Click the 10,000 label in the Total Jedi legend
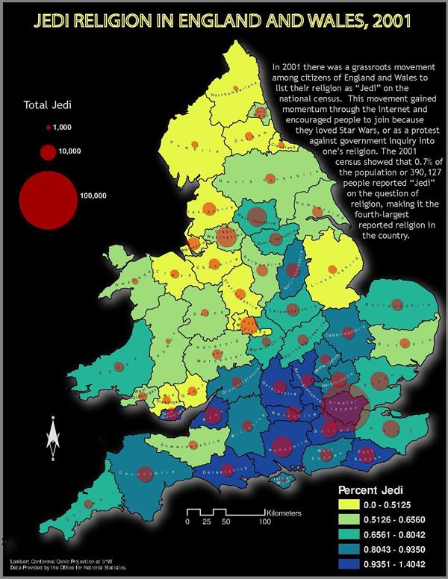(69, 151)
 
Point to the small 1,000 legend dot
(48, 128)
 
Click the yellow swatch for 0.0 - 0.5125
(349, 507)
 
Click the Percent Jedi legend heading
(372, 491)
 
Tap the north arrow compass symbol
(53, 436)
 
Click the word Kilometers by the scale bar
(284, 513)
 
